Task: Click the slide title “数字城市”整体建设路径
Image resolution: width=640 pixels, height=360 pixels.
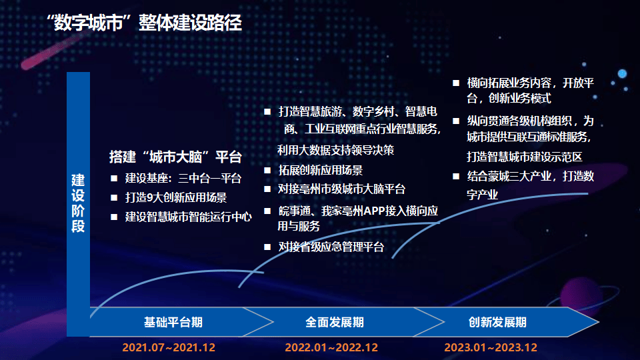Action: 144,23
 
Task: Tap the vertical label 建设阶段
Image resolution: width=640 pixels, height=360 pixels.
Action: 78,203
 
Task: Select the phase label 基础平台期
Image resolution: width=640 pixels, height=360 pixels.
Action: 173,322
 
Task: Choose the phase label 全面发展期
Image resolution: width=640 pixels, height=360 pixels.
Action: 334,322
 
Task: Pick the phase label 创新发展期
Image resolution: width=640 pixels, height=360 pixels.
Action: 497,322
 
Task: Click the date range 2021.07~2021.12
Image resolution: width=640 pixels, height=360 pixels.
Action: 169,347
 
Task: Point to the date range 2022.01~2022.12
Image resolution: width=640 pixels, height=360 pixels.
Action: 331,347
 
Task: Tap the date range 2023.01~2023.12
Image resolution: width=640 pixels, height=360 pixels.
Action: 491,347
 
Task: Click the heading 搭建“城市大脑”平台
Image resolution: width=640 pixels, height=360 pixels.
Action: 175,157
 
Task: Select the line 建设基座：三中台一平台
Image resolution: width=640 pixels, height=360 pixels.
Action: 183,179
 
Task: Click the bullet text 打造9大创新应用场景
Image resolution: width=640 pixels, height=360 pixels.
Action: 176,197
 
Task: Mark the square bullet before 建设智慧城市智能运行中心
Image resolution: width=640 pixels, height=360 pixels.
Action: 114,217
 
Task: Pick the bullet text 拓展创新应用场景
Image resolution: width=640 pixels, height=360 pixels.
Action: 321,170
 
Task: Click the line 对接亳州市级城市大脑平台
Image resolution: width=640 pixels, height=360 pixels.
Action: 341,189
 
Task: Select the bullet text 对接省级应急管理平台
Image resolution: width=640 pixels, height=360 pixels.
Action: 331,247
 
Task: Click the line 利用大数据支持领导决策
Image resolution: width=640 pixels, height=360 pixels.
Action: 335,150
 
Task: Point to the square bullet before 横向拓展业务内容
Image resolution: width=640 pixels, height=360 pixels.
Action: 456,83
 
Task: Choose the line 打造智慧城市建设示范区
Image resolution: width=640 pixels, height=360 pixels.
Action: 524,157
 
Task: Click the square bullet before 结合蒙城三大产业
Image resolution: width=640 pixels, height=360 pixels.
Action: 456,176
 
